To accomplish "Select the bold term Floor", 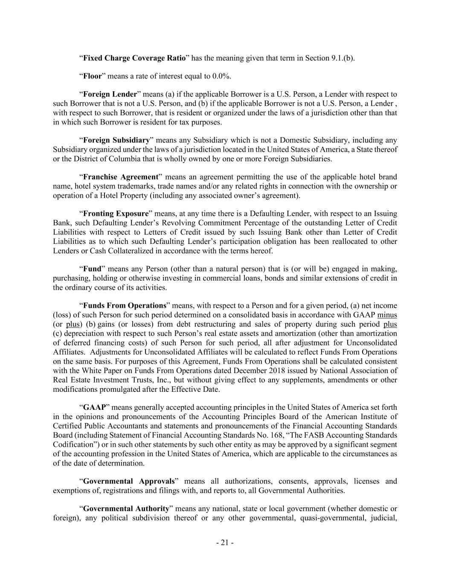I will click(x=92, y=76).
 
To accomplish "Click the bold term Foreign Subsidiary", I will click(x=116, y=140).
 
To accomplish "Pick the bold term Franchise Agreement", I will click(x=121, y=177).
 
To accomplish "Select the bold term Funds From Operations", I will click(x=124, y=306).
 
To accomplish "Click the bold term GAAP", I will click(x=94, y=407).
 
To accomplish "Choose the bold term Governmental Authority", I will click(x=126, y=509).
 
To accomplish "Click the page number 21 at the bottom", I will click(x=225, y=543).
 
